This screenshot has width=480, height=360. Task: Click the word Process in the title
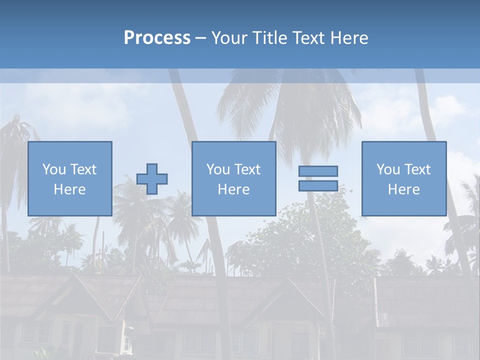[x=157, y=38]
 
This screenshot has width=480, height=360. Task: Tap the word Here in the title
[x=348, y=38]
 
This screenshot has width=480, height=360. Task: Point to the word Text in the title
[x=307, y=38]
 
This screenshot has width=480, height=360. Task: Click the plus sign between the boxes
[x=152, y=179]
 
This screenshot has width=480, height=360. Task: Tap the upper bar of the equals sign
[x=318, y=171]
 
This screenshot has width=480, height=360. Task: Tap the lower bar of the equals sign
[x=318, y=185]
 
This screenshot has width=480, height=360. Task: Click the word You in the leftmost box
[x=54, y=169]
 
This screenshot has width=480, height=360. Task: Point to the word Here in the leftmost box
[x=70, y=189]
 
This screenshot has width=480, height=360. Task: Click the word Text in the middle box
[x=247, y=169]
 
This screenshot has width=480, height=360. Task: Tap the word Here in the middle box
[x=234, y=189]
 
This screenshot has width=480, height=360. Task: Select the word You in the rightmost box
[x=388, y=169]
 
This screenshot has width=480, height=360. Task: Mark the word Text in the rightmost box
[x=417, y=169]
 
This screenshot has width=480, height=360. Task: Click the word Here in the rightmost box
[x=404, y=189]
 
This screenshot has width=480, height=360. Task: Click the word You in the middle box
[x=218, y=169]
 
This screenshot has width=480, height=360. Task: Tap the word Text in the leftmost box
[x=83, y=169]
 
